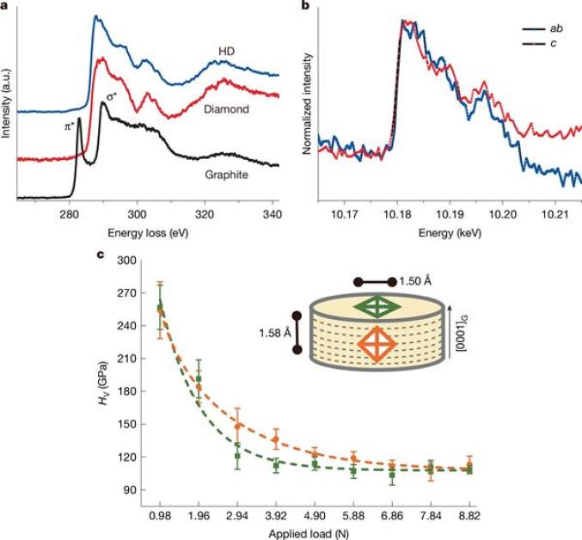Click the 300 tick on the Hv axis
pyautogui.click(x=128, y=260)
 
